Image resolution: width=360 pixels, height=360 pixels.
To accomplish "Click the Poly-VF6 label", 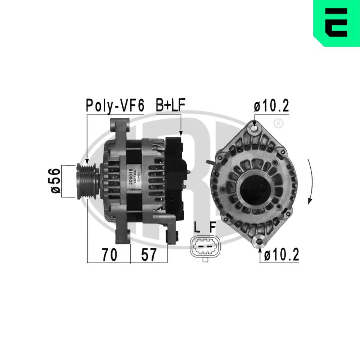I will [x=114, y=105].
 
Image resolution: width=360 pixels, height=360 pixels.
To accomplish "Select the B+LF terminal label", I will [x=170, y=105].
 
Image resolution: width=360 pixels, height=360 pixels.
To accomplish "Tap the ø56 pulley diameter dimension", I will [x=55, y=181].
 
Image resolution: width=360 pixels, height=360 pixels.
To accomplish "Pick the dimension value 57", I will [x=148, y=255].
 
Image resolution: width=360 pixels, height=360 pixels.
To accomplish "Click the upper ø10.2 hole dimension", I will [x=271, y=106].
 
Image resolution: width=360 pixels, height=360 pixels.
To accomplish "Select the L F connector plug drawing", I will [x=204, y=247].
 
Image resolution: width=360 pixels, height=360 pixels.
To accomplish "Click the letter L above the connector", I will [x=196, y=227].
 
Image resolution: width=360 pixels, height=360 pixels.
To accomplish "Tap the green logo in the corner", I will [x=336, y=23].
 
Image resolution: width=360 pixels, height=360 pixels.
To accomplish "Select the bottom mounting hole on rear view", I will [x=260, y=240].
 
